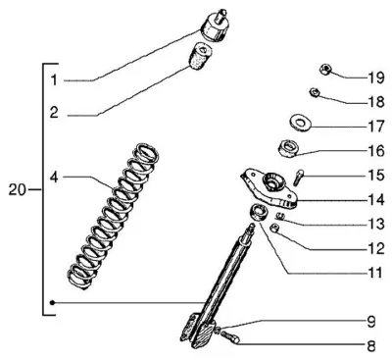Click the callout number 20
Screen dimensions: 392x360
click(17, 189)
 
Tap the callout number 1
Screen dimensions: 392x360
click(54, 80)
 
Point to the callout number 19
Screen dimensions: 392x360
click(376, 77)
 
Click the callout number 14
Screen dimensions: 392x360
click(376, 200)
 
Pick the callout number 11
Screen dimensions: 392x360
click(374, 273)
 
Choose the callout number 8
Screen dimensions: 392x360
click(371, 346)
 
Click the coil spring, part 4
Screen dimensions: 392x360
click(113, 217)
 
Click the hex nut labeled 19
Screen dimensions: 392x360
click(325, 70)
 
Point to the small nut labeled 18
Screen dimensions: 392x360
click(315, 92)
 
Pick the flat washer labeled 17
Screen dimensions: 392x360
click(301, 123)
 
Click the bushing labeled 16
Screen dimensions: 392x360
click(288, 148)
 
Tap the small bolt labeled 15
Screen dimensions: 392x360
click(299, 178)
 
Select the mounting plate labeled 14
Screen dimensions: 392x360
click(269, 188)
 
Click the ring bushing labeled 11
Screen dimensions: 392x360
click(260, 212)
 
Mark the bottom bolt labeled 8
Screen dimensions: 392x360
click(230, 336)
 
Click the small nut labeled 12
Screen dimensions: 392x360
click(275, 228)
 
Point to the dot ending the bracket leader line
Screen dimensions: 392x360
click(52, 302)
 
